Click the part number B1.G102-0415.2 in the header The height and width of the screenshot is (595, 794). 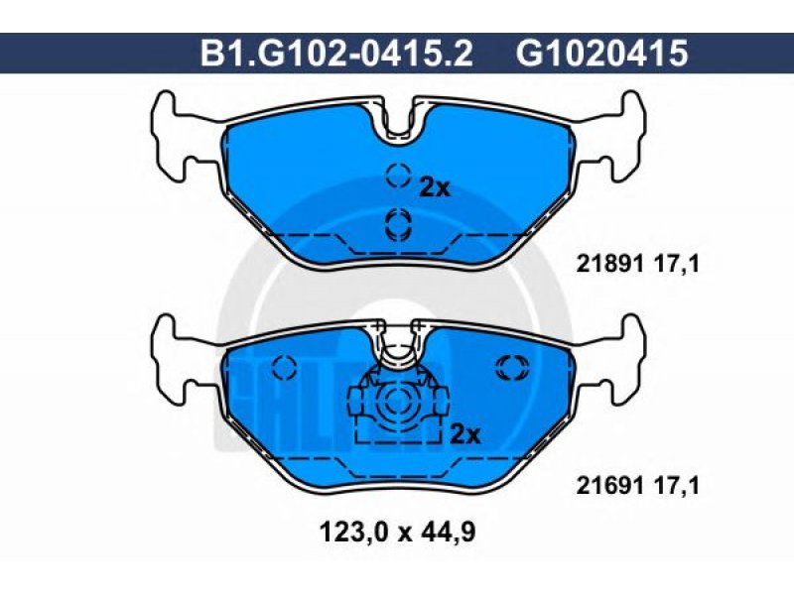[336, 54]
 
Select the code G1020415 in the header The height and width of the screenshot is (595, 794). [602, 54]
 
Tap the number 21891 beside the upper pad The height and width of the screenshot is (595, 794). [609, 264]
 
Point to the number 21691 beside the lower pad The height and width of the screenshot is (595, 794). [609, 486]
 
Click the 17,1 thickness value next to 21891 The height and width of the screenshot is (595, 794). [677, 264]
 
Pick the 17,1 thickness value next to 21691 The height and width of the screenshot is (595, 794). [677, 486]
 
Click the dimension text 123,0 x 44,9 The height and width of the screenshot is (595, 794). [398, 532]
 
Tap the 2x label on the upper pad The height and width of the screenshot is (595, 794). [435, 188]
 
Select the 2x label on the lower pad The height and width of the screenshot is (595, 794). [464, 434]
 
